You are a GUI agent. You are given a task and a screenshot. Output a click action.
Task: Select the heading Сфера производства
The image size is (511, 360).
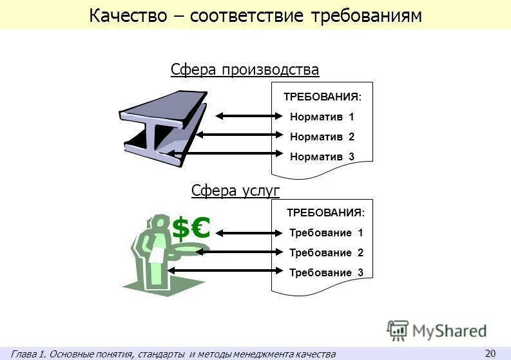pos(245,70)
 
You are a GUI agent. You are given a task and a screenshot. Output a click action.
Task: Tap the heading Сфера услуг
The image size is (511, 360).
pos(235,190)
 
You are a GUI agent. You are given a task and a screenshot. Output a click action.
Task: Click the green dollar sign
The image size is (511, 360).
pos(181,229)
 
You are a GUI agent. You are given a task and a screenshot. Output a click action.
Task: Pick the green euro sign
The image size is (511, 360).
pos(200,228)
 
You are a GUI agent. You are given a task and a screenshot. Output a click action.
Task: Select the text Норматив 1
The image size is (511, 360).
pos(322,117)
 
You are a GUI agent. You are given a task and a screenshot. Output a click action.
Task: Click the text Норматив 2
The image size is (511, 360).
pos(322,137)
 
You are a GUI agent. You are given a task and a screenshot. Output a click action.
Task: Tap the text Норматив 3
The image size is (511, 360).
pos(322,156)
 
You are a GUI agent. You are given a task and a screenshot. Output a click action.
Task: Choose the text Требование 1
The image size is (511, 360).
pos(326,232)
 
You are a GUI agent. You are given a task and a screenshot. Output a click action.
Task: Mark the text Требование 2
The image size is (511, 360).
pos(326,252)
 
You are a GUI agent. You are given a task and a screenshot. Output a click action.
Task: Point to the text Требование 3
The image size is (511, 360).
pos(326,272)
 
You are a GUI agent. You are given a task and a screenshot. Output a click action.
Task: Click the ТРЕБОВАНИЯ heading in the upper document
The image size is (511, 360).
pos(322,97)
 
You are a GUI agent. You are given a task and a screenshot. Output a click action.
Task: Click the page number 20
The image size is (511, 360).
pos(490,352)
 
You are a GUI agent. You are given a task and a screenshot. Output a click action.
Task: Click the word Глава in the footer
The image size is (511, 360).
pos(23,354)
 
